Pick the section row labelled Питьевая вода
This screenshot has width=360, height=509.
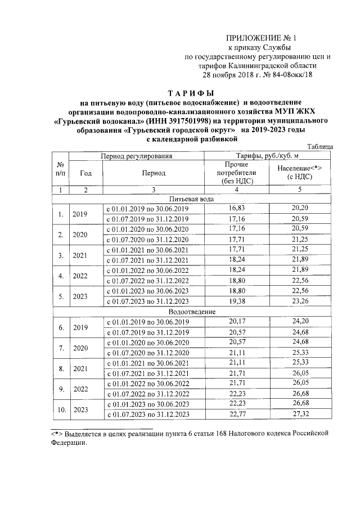(x=192, y=199)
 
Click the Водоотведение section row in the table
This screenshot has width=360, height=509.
(x=192, y=311)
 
